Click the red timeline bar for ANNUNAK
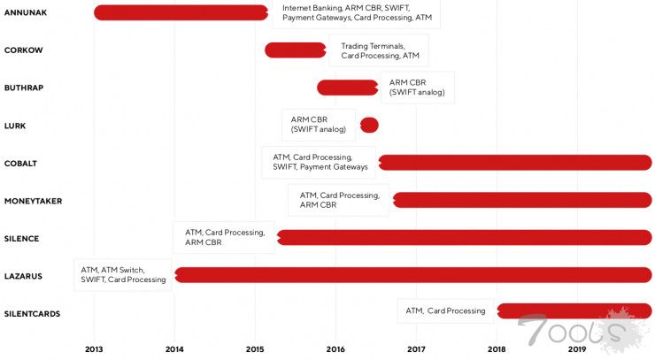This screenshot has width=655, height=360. click(x=181, y=12)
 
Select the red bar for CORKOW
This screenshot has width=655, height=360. click(x=296, y=50)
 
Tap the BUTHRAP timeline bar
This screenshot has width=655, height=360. click(x=348, y=88)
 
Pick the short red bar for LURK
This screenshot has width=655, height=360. click(x=369, y=126)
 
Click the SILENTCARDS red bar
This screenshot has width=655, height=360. click(x=574, y=310)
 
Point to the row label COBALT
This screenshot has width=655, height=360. click(x=20, y=164)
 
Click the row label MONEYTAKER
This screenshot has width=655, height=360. click(x=33, y=201)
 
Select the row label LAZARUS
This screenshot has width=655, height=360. click(x=23, y=276)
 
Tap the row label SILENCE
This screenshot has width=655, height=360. click(x=21, y=239)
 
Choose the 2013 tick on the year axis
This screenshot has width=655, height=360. click(x=94, y=349)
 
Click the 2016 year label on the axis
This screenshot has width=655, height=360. click(x=335, y=349)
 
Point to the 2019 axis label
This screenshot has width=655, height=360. click(x=577, y=349)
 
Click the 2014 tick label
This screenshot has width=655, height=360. click(x=174, y=349)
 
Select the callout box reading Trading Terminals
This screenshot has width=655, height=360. click(x=379, y=50)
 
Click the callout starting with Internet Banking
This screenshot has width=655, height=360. click(x=356, y=12)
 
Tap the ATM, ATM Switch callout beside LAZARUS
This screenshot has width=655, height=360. click(x=123, y=275)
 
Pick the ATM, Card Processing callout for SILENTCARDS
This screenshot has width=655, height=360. click(x=445, y=310)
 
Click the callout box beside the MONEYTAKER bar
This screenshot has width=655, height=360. click(x=338, y=201)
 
